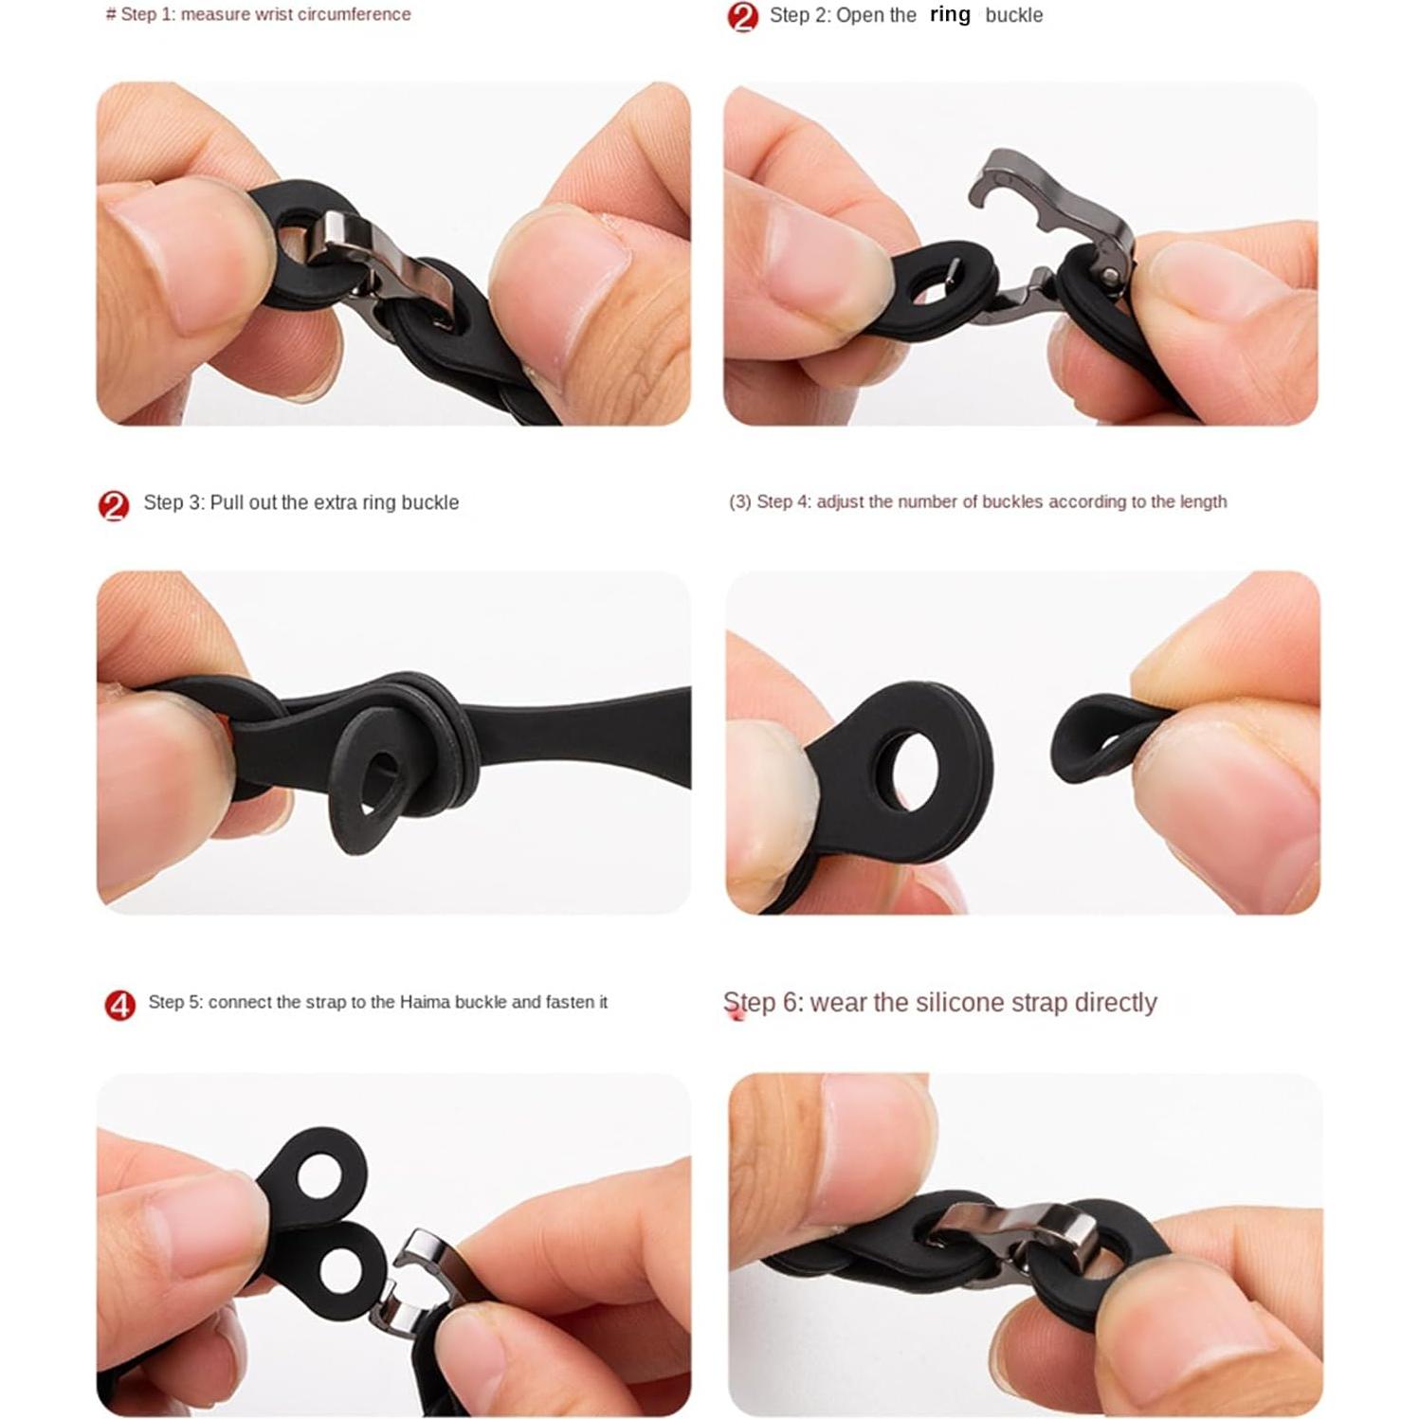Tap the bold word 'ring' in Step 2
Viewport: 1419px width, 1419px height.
(950, 14)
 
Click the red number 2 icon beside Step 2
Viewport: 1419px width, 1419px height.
(743, 16)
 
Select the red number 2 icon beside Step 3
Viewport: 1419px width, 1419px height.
(114, 505)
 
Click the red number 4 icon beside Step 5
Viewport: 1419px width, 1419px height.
(119, 1004)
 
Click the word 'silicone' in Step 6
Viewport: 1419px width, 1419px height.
(939, 1002)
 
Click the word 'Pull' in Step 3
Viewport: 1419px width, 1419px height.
(226, 502)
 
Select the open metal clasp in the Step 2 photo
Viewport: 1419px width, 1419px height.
(1052, 227)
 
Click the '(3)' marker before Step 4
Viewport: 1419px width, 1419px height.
(739, 501)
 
